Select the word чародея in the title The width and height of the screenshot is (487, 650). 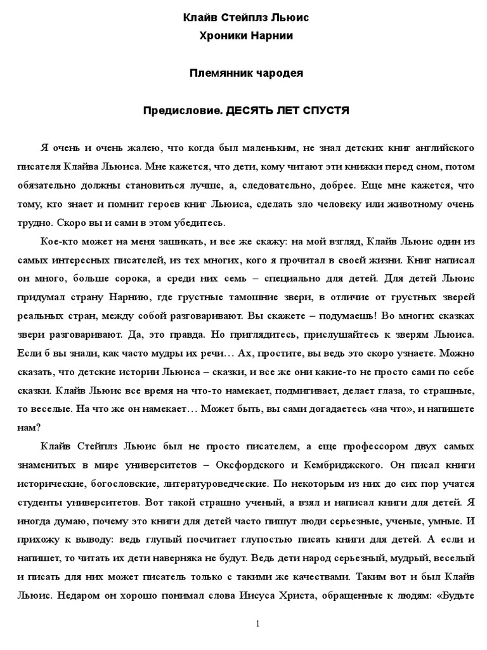tap(280, 73)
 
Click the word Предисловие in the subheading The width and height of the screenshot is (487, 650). tap(183, 110)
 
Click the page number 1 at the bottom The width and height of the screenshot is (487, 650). tap(257, 624)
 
